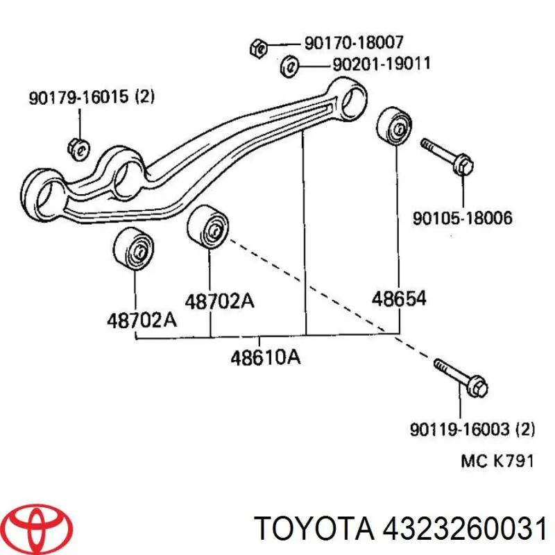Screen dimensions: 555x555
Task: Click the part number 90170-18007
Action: coord(354,43)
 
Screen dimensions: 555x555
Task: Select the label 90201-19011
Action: coord(382,64)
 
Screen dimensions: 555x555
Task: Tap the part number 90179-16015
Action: coord(78,97)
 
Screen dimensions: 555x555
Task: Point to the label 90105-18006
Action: coord(463,218)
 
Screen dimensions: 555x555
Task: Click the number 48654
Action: coord(399,299)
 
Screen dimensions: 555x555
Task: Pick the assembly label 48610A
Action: coord(266,357)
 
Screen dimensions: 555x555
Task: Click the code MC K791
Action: coord(497,461)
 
